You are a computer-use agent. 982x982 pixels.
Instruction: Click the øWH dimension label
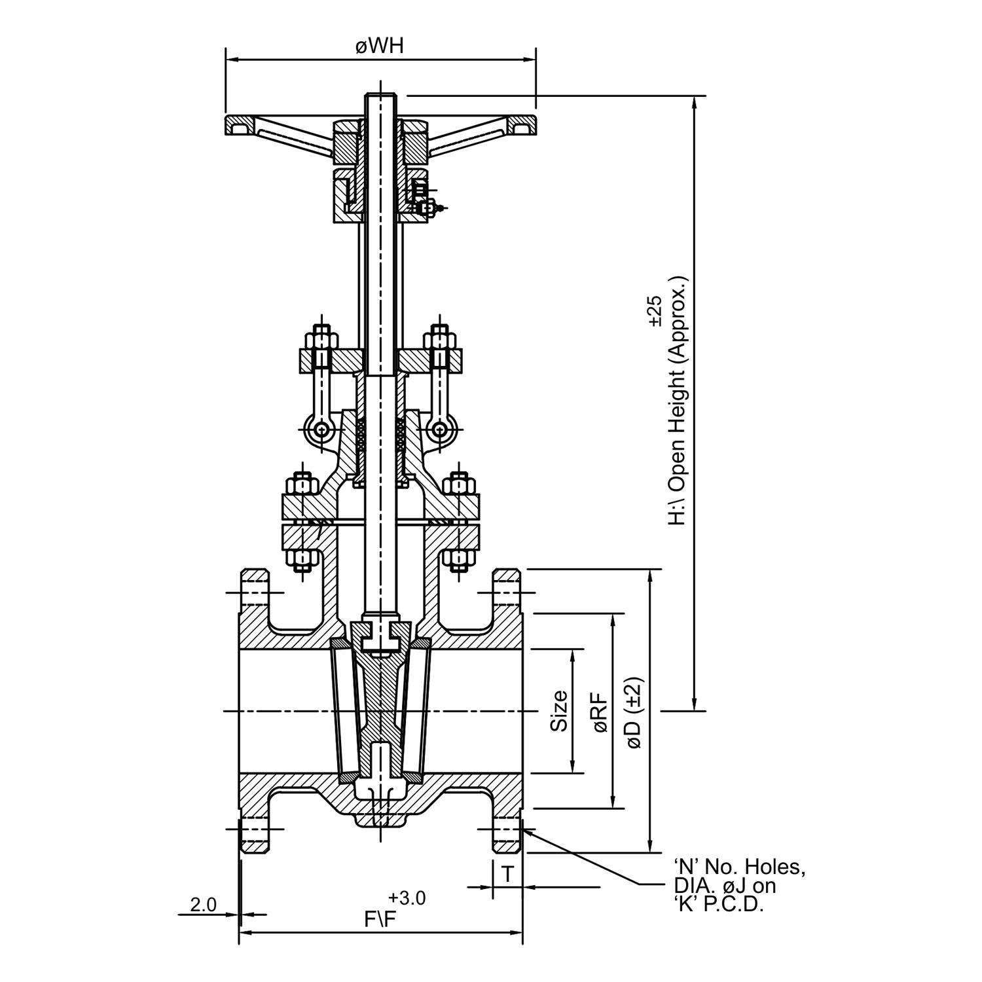click(x=379, y=46)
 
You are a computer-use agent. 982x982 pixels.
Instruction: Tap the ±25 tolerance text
click(x=655, y=311)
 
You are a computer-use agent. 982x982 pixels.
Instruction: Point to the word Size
click(x=558, y=711)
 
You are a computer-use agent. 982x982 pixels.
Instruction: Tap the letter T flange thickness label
click(x=507, y=873)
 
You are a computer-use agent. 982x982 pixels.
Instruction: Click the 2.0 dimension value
click(x=203, y=905)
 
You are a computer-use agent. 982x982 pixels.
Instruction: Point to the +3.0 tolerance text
click(x=407, y=898)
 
